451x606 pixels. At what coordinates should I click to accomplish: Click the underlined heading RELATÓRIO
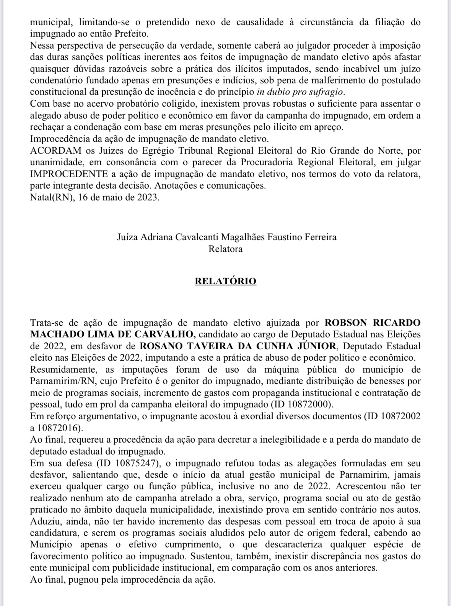tap(225, 281)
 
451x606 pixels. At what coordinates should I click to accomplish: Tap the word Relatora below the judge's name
tap(225, 249)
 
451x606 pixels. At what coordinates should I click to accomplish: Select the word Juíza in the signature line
tap(127, 237)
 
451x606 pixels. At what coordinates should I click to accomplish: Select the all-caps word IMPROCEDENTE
tap(69, 174)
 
